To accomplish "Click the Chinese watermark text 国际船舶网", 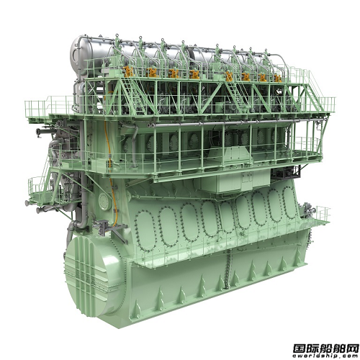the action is (325, 347).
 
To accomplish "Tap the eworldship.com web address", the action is (325, 355).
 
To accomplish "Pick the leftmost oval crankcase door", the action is (145, 231).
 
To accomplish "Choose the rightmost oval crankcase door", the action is (291, 202).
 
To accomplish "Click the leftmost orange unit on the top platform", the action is (128, 71).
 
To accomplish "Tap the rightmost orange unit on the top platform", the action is (278, 78).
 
